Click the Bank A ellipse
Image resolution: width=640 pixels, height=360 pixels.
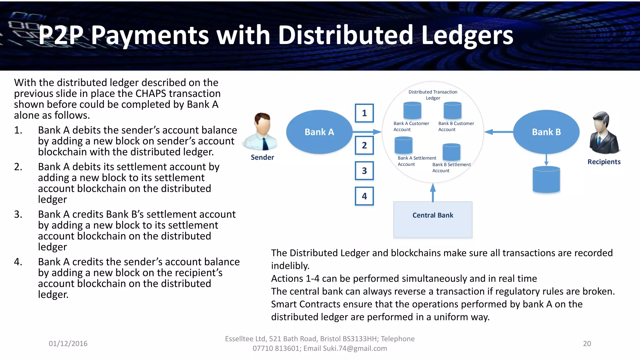pos(319,132)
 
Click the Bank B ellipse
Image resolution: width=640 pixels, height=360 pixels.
pos(546,132)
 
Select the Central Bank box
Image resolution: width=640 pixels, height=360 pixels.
pos(432,219)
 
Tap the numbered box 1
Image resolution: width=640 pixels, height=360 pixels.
pos(364,113)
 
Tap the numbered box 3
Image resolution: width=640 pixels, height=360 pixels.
pos(364,171)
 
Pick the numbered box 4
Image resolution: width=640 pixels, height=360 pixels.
pos(364,196)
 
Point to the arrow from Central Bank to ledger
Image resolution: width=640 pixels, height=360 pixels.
pos(433,192)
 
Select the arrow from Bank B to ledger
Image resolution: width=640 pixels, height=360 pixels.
pos(499,132)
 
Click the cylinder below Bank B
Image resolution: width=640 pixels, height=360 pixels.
pos(546,180)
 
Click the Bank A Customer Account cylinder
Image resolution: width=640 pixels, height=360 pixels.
pos(412,111)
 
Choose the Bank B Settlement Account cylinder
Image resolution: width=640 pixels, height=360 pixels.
pos(451,152)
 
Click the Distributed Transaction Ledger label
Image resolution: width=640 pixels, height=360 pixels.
pos(433,95)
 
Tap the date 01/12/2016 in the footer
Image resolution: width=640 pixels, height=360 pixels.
pos(68,343)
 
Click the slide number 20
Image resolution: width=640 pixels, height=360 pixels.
pos(587,343)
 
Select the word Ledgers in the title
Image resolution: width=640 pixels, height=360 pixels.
pos(467,35)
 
